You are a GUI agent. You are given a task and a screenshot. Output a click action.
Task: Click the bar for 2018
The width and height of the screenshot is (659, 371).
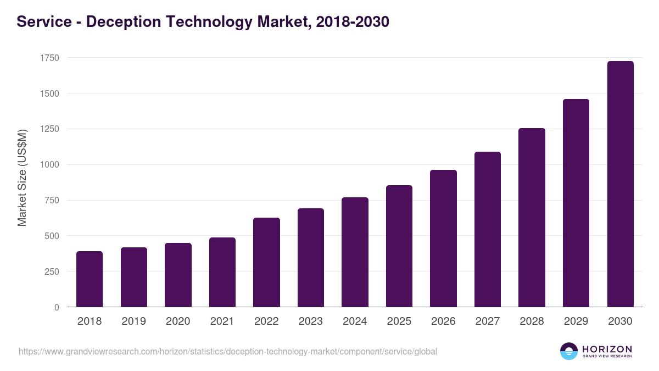[x=90, y=279]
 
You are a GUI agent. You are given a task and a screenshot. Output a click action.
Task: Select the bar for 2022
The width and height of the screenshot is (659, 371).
[x=266, y=262]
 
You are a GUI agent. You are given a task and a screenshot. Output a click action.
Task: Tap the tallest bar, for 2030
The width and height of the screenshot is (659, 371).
[x=620, y=184]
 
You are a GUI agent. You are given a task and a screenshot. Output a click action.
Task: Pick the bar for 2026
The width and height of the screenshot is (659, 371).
[x=443, y=239]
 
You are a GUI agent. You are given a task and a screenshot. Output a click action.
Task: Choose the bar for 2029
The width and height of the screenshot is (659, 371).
[x=576, y=203]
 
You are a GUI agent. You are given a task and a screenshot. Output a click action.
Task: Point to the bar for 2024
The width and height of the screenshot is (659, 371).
[x=355, y=252]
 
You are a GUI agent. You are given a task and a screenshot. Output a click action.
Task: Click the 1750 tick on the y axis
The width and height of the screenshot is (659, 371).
[x=49, y=58]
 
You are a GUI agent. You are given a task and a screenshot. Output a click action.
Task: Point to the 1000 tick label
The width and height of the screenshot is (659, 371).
[x=49, y=165]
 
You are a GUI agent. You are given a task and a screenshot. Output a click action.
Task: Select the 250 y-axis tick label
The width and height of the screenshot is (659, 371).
[x=51, y=272]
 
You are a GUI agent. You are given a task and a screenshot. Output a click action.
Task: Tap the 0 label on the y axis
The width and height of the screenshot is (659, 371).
[x=57, y=307]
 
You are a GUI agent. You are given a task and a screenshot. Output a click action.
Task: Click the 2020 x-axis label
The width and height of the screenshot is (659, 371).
[x=178, y=322]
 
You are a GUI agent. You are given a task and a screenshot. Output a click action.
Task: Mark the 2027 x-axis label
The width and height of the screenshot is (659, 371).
[x=488, y=322]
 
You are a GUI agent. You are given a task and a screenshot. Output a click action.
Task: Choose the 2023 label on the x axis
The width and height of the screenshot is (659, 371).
[x=311, y=322]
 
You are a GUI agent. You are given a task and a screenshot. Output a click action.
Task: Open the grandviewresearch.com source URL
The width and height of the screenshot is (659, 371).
[x=228, y=351]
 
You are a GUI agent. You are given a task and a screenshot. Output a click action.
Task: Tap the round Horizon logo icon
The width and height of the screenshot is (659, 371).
[x=569, y=351]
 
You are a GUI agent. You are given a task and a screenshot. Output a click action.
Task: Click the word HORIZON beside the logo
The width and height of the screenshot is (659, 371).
[x=607, y=348]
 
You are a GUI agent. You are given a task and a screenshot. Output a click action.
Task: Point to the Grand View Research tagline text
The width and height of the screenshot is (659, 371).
[x=607, y=357]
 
